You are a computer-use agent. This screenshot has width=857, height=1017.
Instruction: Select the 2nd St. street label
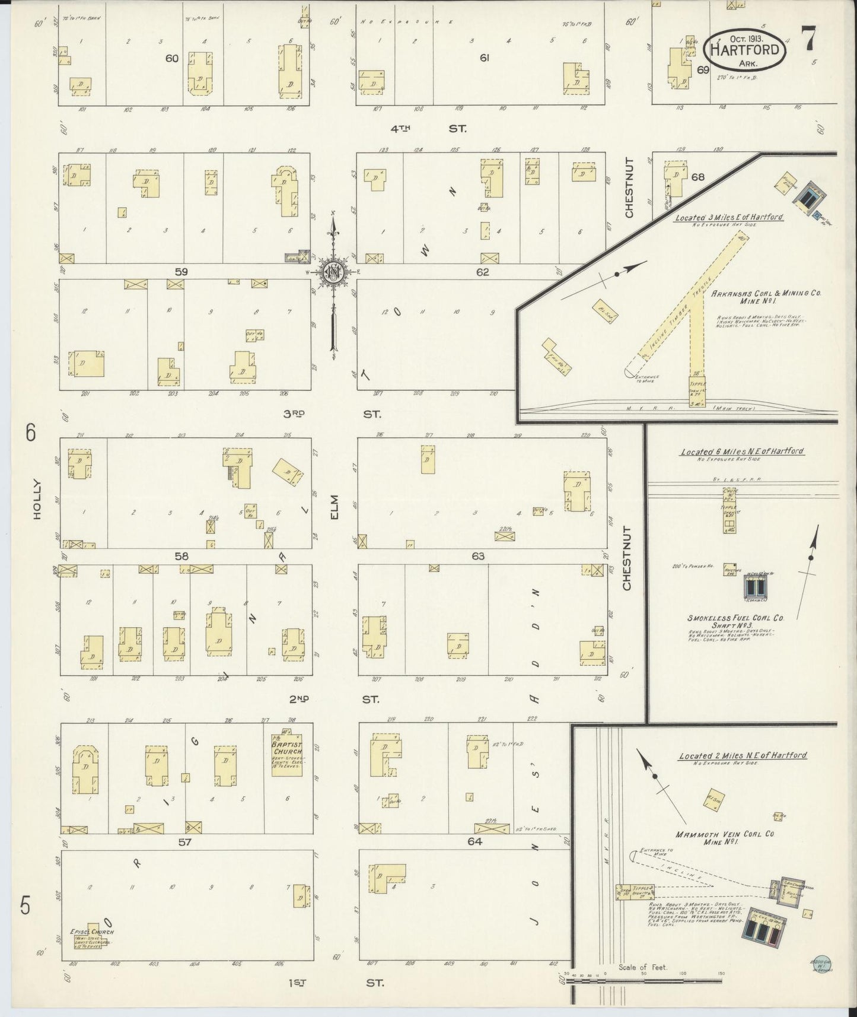(334, 700)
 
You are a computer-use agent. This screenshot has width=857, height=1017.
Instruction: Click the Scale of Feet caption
(642, 967)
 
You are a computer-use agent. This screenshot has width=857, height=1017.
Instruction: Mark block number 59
(181, 272)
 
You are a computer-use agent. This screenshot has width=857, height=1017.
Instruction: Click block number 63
(478, 556)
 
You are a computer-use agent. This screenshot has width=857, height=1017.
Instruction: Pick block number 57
(185, 841)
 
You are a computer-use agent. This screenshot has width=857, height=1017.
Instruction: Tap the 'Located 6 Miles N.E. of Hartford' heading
(741, 452)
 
